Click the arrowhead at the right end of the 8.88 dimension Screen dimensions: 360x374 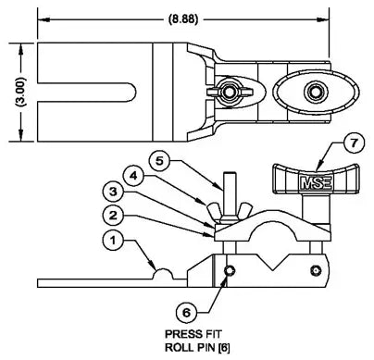tap(325, 15)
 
